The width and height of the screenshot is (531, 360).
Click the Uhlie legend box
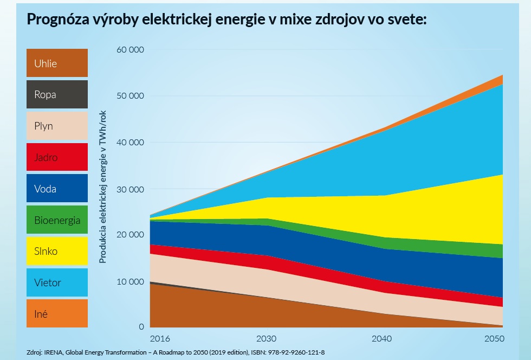point(57,63)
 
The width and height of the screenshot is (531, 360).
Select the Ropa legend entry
point(57,94)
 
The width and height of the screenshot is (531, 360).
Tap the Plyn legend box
point(57,126)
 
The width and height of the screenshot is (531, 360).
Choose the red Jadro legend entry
point(57,157)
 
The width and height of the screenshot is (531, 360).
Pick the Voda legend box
point(57,189)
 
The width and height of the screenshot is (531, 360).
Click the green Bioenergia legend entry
point(57,220)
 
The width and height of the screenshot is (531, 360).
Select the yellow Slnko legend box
point(57,251)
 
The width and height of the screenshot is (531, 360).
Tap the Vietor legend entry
point(57,282)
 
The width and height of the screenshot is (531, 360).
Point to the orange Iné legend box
point(57,313)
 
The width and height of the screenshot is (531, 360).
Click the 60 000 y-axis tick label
point(130,50)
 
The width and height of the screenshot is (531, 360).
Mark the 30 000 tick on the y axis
point(130,189)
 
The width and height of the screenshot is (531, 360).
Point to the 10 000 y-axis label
point(130,282)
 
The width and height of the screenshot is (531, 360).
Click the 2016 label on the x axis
point(159,339)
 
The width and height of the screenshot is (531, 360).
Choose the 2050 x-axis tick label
point(494,339)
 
